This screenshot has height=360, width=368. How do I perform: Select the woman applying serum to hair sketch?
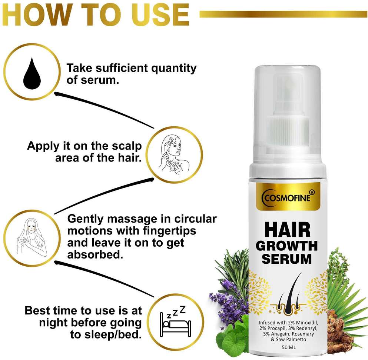coord(174,154)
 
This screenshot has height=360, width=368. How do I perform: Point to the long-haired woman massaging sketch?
coord(32,237)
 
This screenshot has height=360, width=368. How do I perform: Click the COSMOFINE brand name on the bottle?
coord(287,198)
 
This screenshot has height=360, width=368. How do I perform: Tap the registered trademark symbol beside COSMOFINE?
coord(312,192)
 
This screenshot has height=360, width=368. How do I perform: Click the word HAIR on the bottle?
coord(287,230)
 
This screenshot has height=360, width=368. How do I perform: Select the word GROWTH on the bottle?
coord(286,246)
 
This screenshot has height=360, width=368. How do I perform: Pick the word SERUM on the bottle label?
coord(286,259)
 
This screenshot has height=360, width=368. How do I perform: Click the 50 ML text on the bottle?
coord(289,347)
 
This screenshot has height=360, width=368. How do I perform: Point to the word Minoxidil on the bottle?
coord(307,323)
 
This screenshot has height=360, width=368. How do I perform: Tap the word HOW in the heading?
coord(36,14)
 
